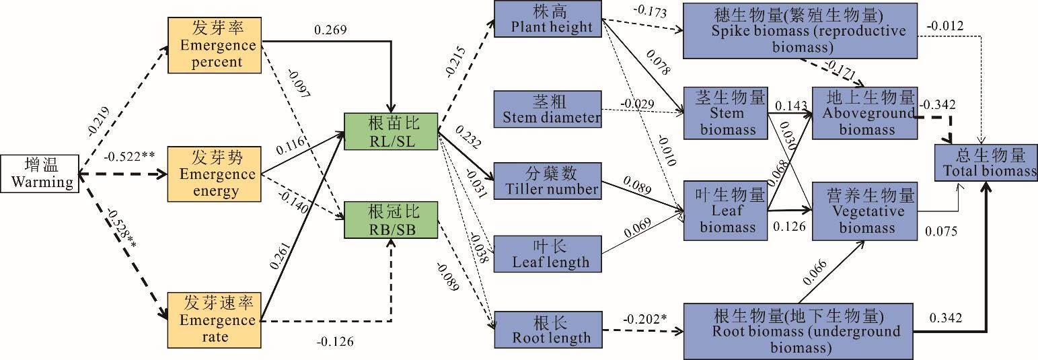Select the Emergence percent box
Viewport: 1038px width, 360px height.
214,45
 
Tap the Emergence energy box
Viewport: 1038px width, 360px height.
214,174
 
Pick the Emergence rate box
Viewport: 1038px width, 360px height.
214,319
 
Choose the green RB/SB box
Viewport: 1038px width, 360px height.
390,219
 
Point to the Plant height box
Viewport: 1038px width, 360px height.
547,19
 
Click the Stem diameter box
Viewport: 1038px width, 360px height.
547,109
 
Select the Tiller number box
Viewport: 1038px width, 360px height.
547,180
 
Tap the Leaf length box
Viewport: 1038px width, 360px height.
547,253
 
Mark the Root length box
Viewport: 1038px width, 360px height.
547,329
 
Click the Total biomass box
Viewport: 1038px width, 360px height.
985,162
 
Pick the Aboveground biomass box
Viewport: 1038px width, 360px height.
863,112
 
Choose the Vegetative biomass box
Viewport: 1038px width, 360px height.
863,211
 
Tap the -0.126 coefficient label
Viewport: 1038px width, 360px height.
334,341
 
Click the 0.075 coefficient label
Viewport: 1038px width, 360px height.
940,231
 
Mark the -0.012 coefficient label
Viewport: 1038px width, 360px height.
944,26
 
